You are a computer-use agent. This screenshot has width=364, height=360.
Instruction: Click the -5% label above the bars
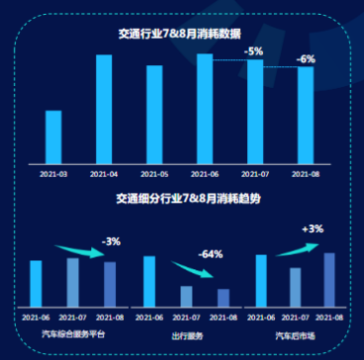click(x=254, y=50)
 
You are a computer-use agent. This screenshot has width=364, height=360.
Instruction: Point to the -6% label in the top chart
click(x=306, y=58)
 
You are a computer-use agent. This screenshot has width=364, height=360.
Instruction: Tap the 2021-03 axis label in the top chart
click(x=53, y=173)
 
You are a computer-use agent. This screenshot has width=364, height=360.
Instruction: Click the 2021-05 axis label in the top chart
click(x=154, y=173)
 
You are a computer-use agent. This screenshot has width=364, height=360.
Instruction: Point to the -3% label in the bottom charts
click(x=111, y=240)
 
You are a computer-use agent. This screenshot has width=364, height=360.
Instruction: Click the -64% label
click(x=210, y=254)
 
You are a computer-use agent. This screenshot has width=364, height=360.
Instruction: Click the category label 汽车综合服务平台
click(x=73, y=334)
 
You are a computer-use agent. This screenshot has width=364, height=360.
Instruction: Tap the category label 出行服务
click(x=187, y=334)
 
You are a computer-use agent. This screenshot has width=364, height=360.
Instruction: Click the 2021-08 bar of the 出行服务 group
click(x=224, y=300)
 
